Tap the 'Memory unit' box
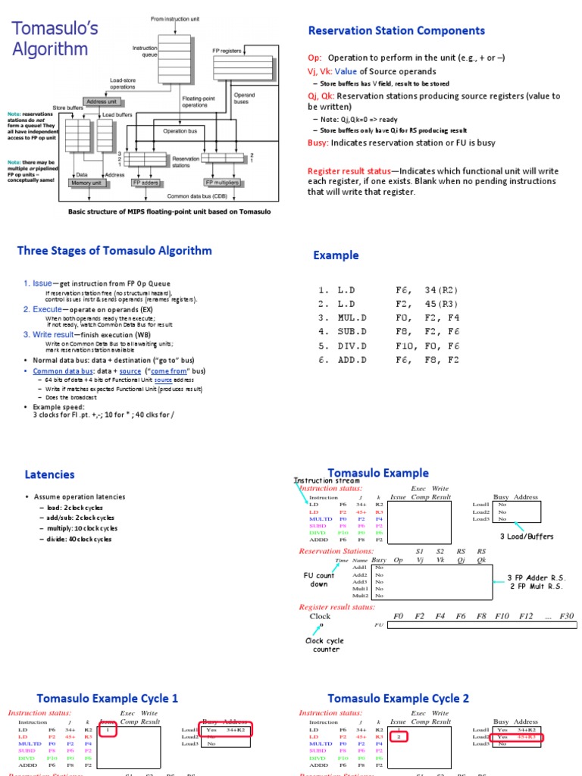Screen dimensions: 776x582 point(86,183)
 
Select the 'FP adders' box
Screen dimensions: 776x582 point(146,183)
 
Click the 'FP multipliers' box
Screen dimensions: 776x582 point(223,183)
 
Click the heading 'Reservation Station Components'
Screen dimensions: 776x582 point(396,31)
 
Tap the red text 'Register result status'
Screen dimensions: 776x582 point(349,171)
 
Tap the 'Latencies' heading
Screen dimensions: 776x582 point(50,474)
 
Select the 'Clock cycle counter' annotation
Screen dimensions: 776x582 point(324,645)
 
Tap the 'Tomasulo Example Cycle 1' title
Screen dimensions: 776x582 point(108,698)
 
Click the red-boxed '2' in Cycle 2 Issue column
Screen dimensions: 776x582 point(399,736)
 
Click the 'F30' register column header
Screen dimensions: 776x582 point(566,616)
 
